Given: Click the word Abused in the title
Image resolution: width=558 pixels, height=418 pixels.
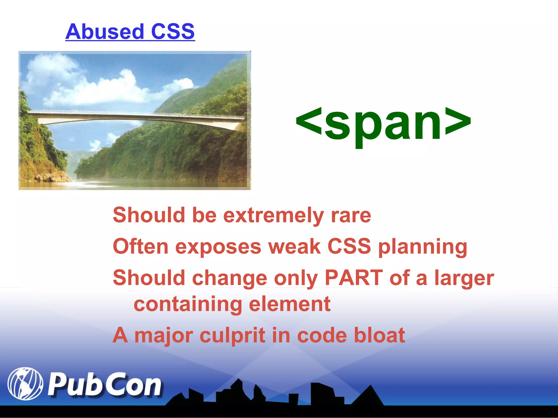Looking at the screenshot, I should [x=105, y=32].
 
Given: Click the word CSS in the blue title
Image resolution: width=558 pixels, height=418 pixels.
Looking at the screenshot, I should [x=173, y=32].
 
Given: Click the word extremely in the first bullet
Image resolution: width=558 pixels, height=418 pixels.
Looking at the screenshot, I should [x=274, y=216].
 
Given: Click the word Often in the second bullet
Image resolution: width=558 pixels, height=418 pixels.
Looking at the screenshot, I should [x=141, y=247].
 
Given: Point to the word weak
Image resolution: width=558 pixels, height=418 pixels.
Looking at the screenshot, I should [x=294, y=247].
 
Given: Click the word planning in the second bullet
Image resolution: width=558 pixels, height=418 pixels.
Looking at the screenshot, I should [x=423, y=247].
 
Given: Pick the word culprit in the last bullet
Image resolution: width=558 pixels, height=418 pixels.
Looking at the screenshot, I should [x=232, y=336].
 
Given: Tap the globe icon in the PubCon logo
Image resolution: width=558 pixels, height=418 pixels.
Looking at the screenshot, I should [x=25, y=384].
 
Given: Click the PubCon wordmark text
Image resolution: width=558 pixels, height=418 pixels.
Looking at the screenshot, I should [x=105, y=385].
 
